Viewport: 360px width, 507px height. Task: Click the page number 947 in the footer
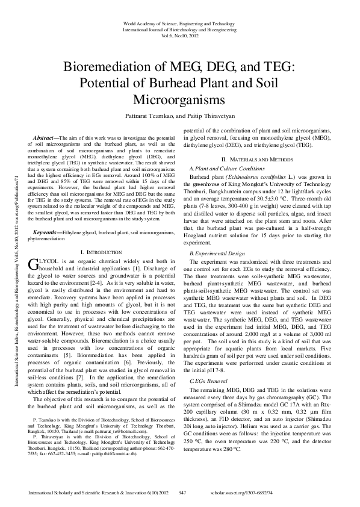pyautogui.click(x=182, y=493)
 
